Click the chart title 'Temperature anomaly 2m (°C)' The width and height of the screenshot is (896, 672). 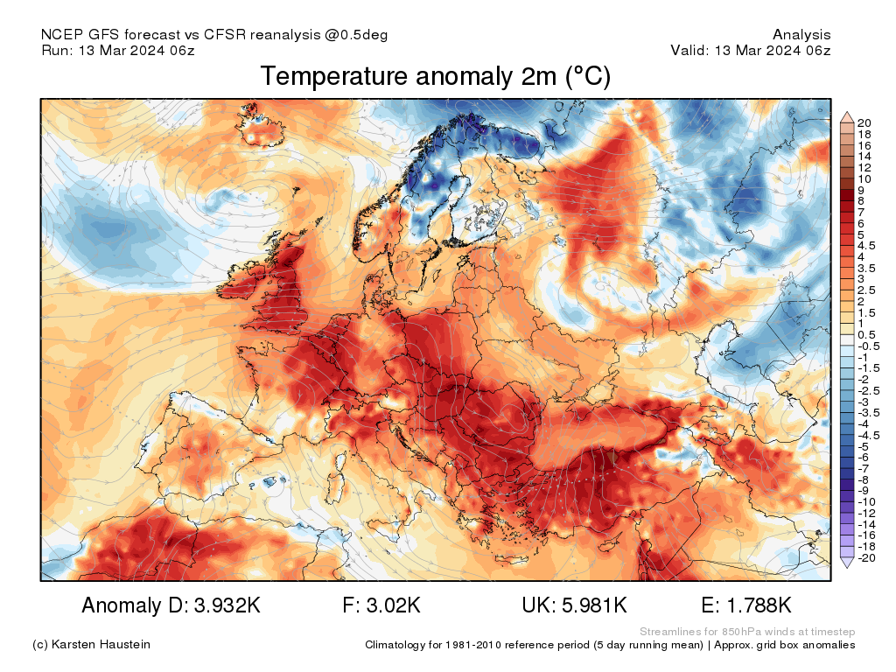tap(435, 77)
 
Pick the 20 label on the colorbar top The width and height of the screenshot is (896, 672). tap(864, 122)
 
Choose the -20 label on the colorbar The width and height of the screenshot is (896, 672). tap(867, 558)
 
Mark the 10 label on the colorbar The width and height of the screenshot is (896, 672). tap(864, 178)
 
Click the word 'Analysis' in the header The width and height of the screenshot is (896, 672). tap(801, 35)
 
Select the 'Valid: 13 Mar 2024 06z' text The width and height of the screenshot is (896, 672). tap(751, 51)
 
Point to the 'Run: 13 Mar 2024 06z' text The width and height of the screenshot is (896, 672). tap(118, 51)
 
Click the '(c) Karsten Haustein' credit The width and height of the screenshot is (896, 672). tap(91, 645)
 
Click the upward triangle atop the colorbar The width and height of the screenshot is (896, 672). tap(847, 116)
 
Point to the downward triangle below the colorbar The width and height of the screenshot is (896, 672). tap(847, 564)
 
